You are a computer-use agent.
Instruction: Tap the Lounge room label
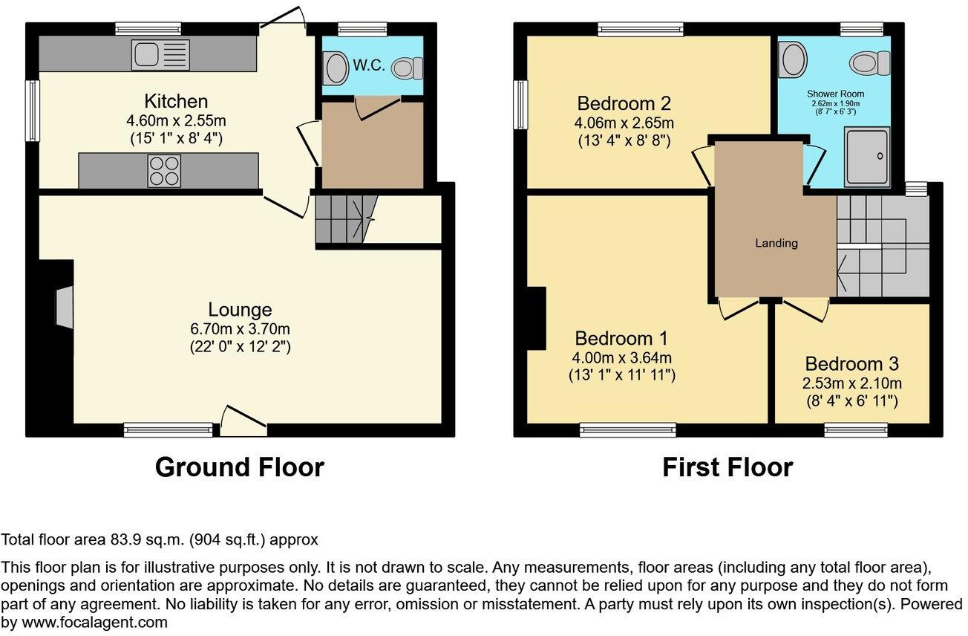click(240, 310)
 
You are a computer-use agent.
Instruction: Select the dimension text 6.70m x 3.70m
click(240, 328)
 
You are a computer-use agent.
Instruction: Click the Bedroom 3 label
click(851, 364)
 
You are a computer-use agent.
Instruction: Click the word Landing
click(776, 243)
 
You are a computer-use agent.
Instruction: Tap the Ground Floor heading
click(240, 467)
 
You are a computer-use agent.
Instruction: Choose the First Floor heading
click(727, 467)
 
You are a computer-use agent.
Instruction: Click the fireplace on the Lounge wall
click(64, 306)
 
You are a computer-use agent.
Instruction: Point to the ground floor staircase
click(341, 218)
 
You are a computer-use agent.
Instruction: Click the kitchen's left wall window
click(33, 110)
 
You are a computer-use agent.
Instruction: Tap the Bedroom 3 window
click(855, 429)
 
